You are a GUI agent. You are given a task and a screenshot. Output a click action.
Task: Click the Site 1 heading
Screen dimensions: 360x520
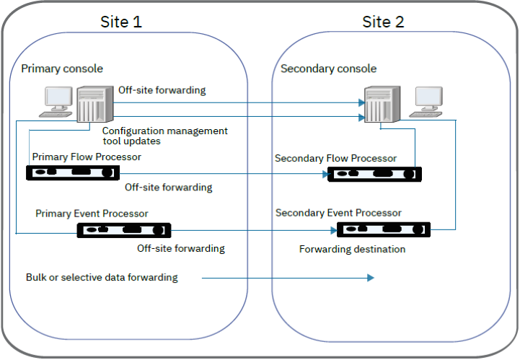pyautogui.click(x=120, y=22)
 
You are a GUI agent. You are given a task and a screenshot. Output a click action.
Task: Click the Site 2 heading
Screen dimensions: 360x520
pyautogui.click(x=383, y=22)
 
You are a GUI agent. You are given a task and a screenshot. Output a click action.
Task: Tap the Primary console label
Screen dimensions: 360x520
pyautogui.click(x=62, y=69)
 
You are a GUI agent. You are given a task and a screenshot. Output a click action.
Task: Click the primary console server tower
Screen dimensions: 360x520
pyautogui.click(x=93, y=105)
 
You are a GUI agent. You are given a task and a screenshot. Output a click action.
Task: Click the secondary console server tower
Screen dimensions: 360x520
pyautogui.click(x=379, y=105)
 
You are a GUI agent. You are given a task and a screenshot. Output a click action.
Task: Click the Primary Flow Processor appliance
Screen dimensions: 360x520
pyautogui.click(x=71, y=173)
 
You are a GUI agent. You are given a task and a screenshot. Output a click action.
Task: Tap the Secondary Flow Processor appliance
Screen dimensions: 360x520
pyautogui.click(x=374, y=174)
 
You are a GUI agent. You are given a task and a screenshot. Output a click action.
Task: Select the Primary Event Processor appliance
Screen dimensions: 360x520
pyautogui.click(x=124, y=230)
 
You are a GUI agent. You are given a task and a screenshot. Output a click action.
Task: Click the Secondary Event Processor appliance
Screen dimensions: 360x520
pyautogui.click(x=383, y=230)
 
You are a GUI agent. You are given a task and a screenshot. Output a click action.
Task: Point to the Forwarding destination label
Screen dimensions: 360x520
pyautogui.click(x=352, y=250)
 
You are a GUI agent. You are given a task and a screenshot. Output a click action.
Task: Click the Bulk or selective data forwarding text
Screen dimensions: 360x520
pyautogui.click(x=102, y=277)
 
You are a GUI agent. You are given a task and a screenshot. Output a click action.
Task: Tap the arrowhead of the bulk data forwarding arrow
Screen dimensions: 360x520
pyautogui.click(x=370, y=278)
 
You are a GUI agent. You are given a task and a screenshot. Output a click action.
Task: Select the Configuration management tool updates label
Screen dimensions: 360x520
pyautogui.click(x=164, y=136)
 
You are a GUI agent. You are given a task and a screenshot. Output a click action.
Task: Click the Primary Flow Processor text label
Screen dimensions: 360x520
pyautogui.click(x=87, y=157)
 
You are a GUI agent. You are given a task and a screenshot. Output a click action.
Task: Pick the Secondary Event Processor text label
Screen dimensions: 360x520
pyautogui.click(x=338, y=213)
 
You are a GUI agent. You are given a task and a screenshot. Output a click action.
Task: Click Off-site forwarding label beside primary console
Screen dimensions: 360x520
pyautogui.click(x=162, y=90)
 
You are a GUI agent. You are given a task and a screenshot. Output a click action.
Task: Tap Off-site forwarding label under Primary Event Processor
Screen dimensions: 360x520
pyautogui.click(x=181, y=248)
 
